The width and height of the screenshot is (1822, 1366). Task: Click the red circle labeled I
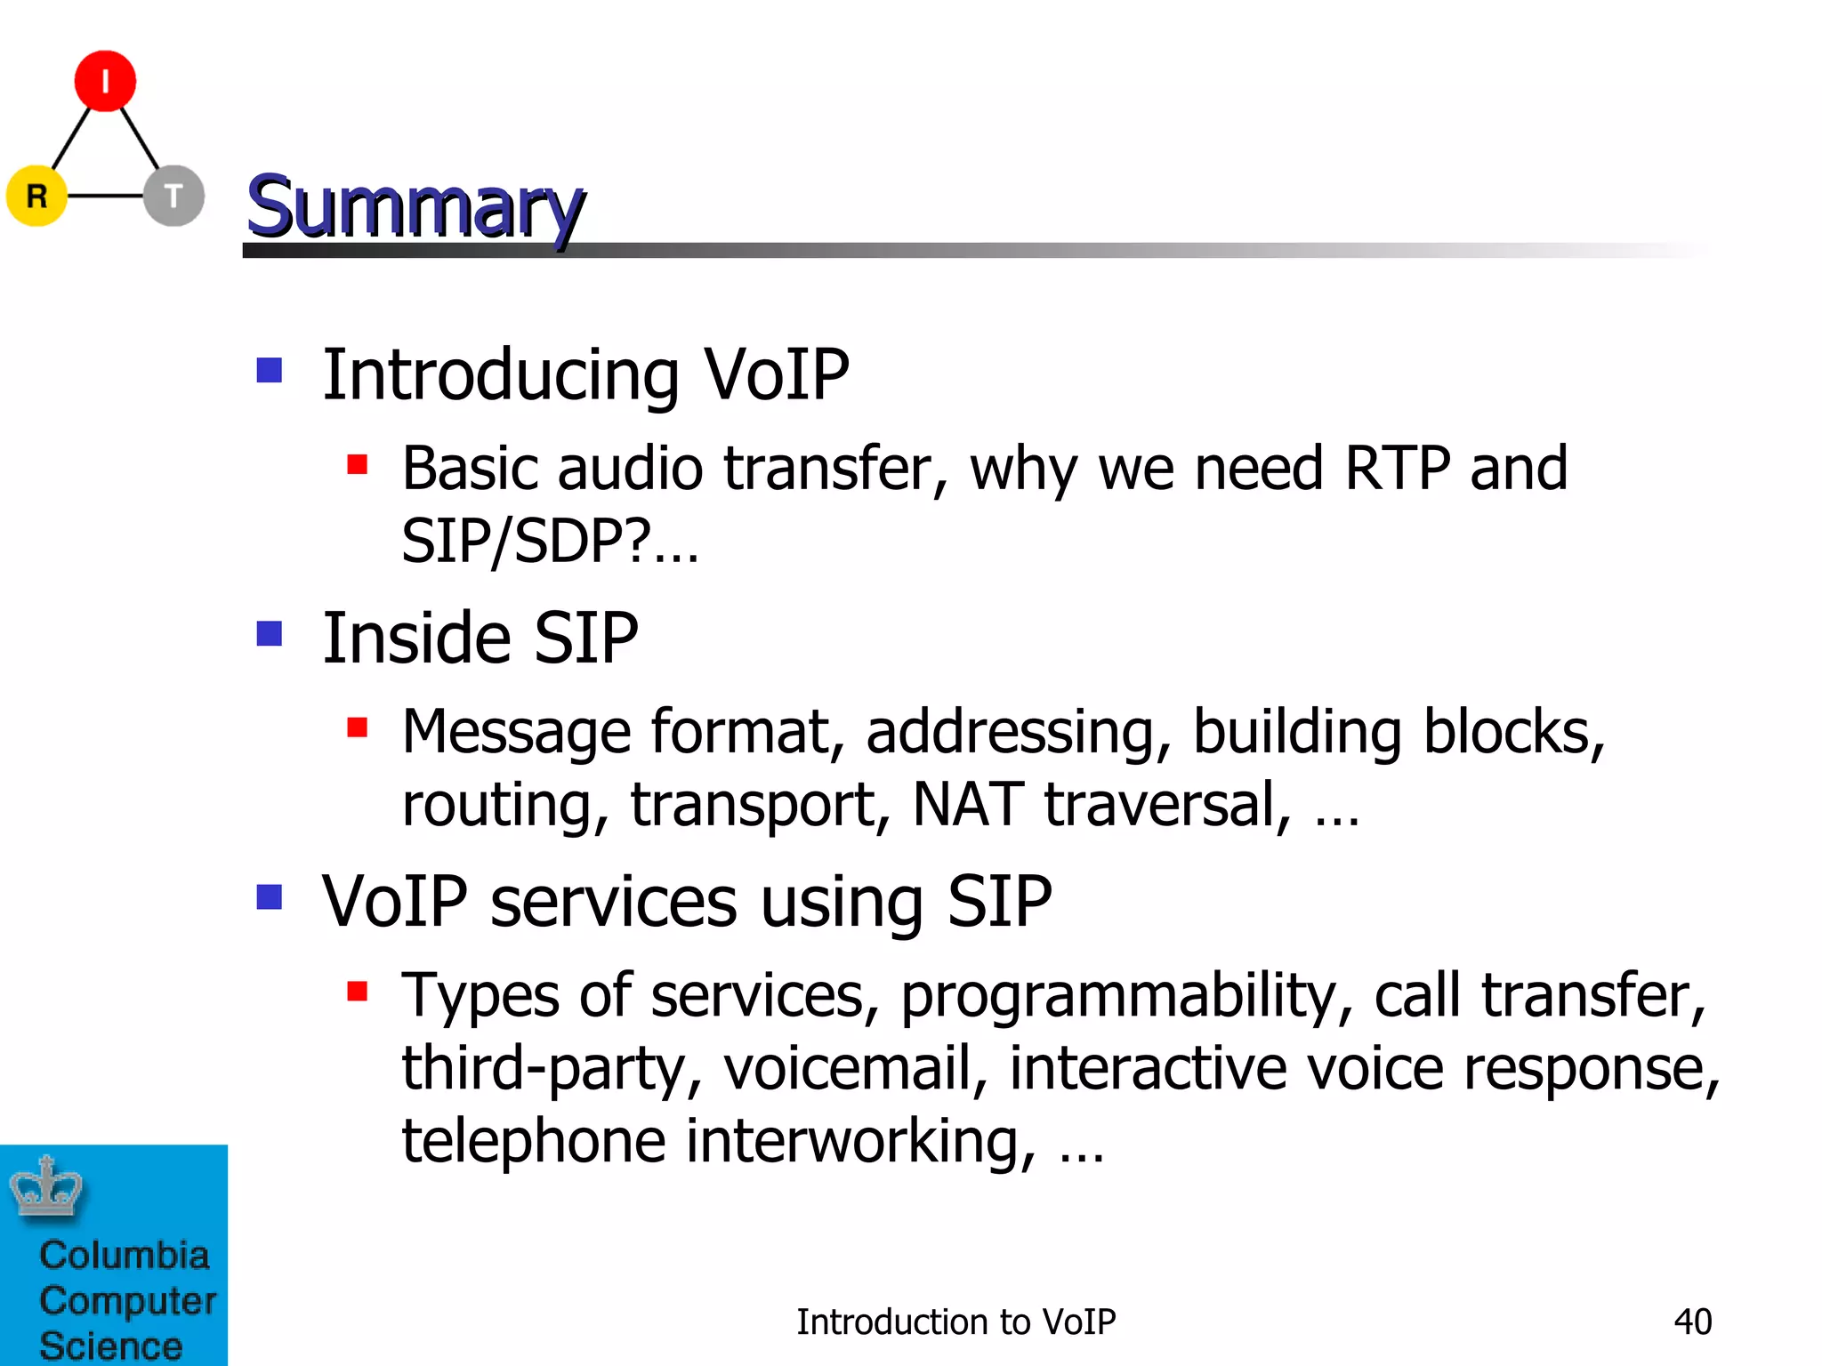pyautogui.click(x=105, y=81)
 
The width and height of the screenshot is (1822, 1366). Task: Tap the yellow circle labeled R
pyautogui.click(x=36, y=196)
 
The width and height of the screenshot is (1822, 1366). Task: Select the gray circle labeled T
pyautogui.click(x=173, y=196)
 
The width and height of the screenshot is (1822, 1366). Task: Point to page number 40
pyautogui.click(x=1692, y=1322)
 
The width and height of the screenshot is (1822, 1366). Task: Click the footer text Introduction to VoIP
pyautogui.click(x=955, y=1322)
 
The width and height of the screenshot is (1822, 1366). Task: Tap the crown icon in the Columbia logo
pyautogui.click(x=46, y=1187)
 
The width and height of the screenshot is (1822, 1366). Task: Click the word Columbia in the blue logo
pyautogui.click(x=125, y=1255)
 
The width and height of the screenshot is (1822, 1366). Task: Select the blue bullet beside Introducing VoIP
pyautogui.click(x=270, y=370)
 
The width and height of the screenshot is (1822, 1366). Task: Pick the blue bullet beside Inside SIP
pyautogui.click(x=270, y=634)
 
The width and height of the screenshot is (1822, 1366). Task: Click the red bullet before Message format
pyautogui.click(x=358, y=728)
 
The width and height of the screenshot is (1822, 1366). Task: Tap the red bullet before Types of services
pyautogui.click(x=358, y=991)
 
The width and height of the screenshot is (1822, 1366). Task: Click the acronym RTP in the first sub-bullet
pyautogui.click(x=1397, y=468)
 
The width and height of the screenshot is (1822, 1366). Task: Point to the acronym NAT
pyautogui.click(x=968, y=804)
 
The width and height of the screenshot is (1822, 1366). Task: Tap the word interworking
pyautogui.click(x=860, y=1141)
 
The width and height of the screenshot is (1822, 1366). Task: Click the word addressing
pyautogui.click(x=1018, y=733)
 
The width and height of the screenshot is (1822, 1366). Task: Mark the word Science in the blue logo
pyautogui.click(x=111, y=1345)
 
